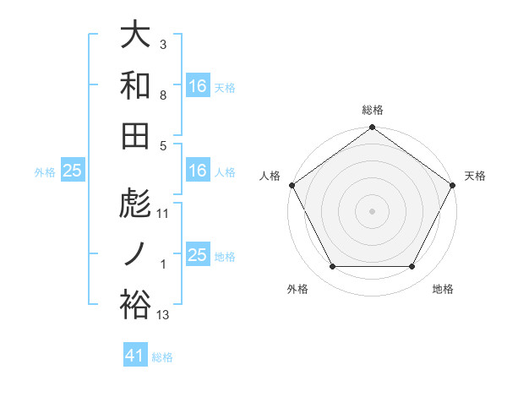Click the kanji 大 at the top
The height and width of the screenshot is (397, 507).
[x=135, y=36]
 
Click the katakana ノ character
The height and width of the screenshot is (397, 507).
[x=135, y=254]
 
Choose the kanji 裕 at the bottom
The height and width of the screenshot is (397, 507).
[x=135, y=303]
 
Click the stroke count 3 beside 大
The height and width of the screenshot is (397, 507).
[x=163, y=42]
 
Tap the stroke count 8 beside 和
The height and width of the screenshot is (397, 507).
[x=163, y=95]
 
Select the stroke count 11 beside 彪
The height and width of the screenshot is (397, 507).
[x=163, y=213]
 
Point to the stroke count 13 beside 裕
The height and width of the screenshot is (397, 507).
[x=163, y=315]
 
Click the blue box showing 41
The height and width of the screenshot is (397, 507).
[x=135, y=356]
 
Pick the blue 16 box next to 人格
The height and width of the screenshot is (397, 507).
[x=197, y=171]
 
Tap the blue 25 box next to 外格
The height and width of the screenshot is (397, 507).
[x=72, y=171]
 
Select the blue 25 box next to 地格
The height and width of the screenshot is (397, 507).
[x=197, y=254]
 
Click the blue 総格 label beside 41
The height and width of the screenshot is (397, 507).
[x=162, y=357]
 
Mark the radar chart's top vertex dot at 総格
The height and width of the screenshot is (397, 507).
[x=372, y=128]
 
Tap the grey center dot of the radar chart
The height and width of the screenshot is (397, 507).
[x=372, y=210]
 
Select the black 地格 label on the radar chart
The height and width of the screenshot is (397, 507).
[x=443, y=290]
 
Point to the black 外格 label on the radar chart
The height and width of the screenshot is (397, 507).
[x=297, y=290]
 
